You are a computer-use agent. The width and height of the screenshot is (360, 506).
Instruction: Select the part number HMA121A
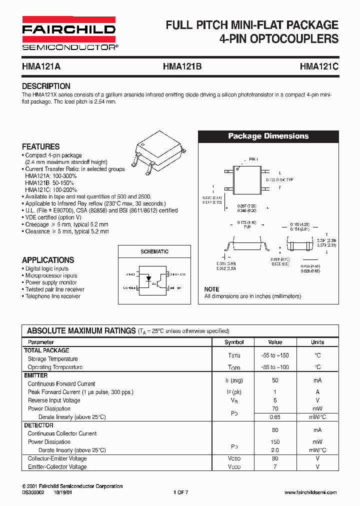pos(41,65)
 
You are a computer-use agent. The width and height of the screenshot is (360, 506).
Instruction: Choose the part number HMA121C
pos(319,65)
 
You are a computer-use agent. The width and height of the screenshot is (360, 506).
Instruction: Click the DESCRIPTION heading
pos(46,86)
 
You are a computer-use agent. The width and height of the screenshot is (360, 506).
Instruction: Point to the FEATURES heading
pos(40,146)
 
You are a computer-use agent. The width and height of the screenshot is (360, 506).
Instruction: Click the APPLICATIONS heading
pos(48,260)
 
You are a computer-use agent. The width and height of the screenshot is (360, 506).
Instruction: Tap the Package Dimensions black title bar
pos(268,136)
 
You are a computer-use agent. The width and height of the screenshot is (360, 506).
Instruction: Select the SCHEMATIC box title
pos(154,251)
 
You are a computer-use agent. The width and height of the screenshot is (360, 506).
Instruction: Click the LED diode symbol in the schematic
pos(148,281)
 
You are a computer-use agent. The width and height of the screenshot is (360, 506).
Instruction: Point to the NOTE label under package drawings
pos(211,289)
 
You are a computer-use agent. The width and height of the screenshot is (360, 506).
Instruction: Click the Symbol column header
pos(234,342)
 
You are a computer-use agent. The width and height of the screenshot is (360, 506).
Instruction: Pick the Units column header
pos(317,342)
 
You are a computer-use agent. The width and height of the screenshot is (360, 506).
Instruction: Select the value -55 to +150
pos(275,355)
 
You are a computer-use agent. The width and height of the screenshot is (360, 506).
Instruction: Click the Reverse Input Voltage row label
pos(54,400)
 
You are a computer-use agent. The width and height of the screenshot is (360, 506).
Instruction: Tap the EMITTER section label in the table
pos(36,375)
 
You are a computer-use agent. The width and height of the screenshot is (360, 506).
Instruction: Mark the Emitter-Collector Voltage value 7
pos(275,467)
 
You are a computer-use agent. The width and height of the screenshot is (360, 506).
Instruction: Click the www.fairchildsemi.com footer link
pos(310,492)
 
